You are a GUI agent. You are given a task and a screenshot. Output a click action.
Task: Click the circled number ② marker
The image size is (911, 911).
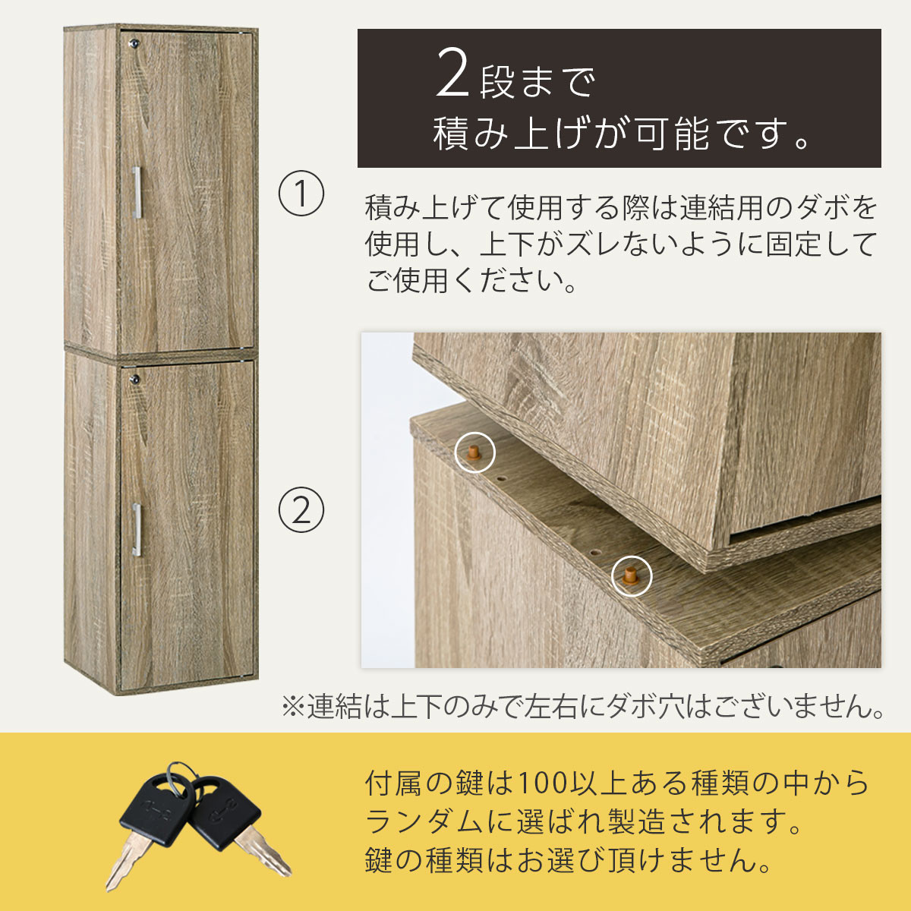tap(301, 510)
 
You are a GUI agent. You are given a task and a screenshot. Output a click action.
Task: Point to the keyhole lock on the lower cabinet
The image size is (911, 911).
tap(135, 377)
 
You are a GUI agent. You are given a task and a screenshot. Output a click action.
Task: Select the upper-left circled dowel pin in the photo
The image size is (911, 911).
tap(474, 453)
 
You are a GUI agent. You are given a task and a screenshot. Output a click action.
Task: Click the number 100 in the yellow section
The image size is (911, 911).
tap(541, 783)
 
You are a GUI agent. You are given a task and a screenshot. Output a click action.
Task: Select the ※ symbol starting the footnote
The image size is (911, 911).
tap(292, 708)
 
